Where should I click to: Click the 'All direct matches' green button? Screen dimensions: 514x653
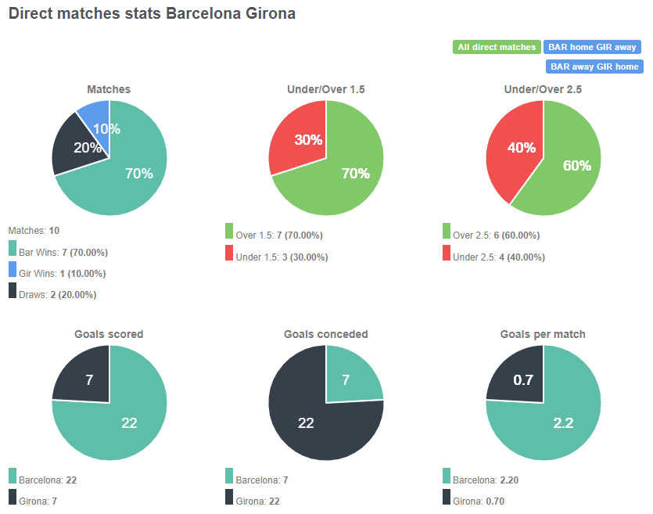(x=497, y=47)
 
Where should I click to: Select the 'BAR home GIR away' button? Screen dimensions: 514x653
(x=592, y=47)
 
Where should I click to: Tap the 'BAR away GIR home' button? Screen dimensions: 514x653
(x=594, y=66)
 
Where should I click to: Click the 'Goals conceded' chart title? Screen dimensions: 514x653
(x=325, y=334)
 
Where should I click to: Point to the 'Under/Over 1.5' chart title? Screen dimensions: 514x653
(x=325, y=89)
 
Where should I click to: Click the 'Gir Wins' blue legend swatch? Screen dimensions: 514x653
(x=13, y=270)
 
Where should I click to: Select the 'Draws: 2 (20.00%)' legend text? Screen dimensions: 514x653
(x=57, y=294)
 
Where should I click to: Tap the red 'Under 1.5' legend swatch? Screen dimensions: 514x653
(x=229, y=253)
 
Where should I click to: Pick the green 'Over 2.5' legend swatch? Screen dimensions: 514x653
(x=447, y=231)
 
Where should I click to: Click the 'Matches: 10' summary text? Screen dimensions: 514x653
(x=34, y=230)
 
